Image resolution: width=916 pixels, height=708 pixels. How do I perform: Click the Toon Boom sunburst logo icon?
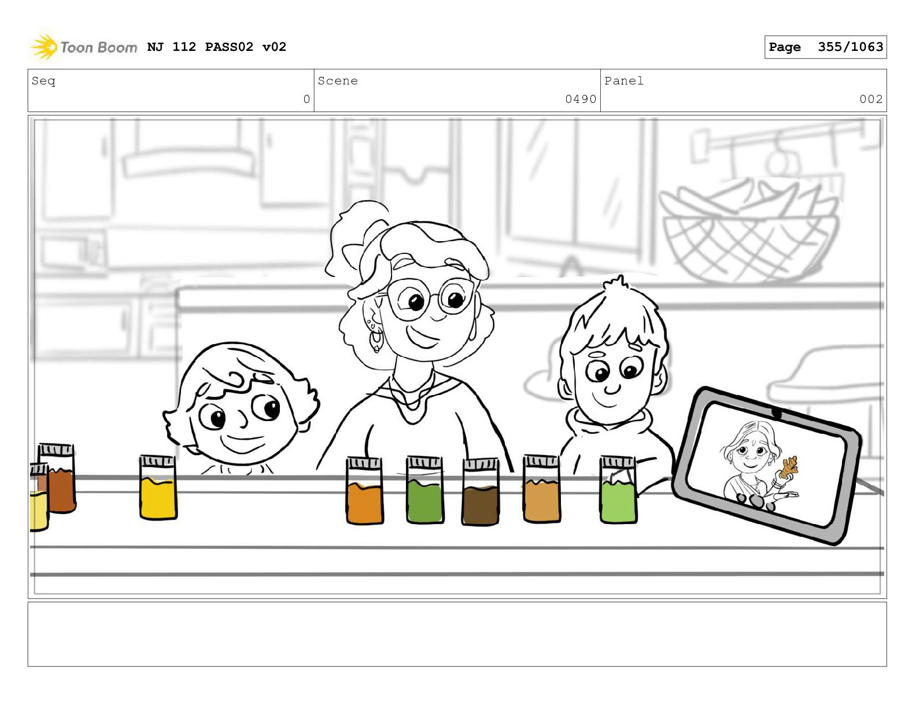[44, 46]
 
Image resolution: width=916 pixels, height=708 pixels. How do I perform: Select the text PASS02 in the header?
[229, 47]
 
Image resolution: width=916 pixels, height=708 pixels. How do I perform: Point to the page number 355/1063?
[850, 47]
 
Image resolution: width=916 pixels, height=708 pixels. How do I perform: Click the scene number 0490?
[581, 99]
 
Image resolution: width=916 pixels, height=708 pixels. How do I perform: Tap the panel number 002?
[871, 99]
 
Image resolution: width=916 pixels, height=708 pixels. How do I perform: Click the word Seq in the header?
[43, 81]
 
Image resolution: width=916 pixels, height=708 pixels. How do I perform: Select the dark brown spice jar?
[481, 492]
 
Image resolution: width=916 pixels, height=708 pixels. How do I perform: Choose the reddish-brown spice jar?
[57, 478]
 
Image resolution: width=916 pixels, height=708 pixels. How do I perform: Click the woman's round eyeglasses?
[430, 298]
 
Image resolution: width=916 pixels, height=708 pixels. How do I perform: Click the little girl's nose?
[243, 419]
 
